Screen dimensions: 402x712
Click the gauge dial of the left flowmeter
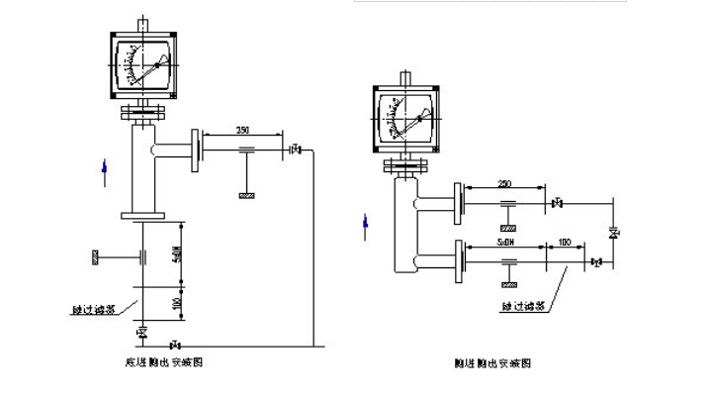pos(144,64)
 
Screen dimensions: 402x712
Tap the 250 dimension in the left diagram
pos(243,131)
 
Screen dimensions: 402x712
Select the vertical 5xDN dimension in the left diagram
pos(177,256)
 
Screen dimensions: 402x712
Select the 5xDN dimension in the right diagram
pos(505,241)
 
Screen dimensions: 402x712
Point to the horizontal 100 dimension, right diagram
pos(564,241)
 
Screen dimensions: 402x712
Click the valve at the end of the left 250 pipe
pos(294,151)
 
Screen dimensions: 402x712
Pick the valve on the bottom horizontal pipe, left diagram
pos(176,345)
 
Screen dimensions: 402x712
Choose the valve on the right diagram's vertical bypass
pos(613,234)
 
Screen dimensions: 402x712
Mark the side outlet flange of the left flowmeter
pos(198,150)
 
